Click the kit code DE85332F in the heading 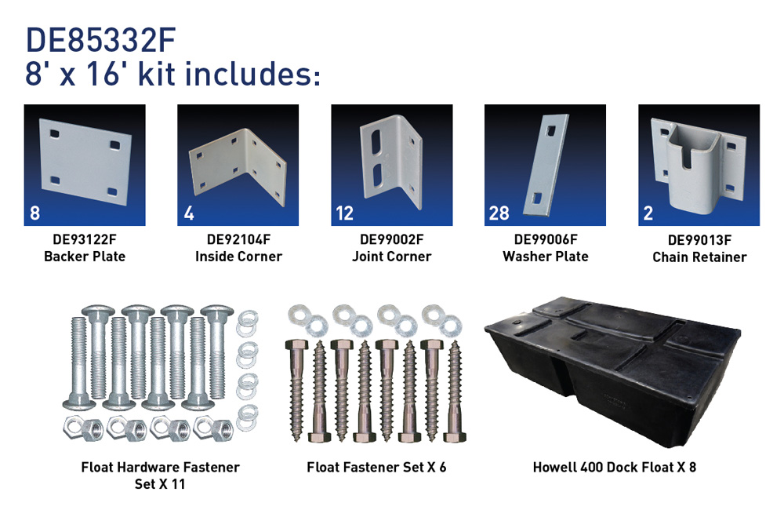pos(100,40)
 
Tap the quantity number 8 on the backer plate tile pos(34,213)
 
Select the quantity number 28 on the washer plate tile pos(499,213)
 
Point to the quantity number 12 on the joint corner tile pos(344,213)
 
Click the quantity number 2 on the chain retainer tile pos(648,213)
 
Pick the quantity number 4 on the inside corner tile pos(188,213)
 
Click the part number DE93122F pos(85,240)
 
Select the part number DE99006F pos(546,240)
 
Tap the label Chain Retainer pos(699,257)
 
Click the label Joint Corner pos(391,257)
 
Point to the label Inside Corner pos(238,257)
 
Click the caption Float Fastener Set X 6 pos(376,468)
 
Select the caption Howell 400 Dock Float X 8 pos(615,468)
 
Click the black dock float pos(612,370)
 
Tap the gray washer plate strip pos(546,165)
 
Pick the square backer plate pos(85,161)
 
